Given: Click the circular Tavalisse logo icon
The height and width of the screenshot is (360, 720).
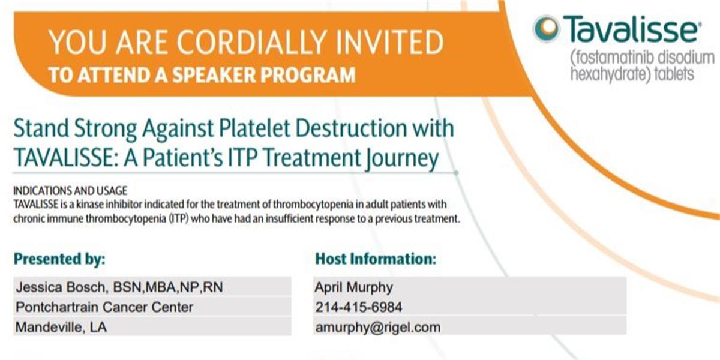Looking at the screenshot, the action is coord(547,28).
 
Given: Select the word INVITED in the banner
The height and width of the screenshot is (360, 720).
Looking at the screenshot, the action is coord(390,42).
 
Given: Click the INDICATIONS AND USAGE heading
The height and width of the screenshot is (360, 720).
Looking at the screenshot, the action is coord(70,191).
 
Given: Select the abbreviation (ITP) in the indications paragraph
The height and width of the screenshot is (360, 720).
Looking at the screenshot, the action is coord(178,219).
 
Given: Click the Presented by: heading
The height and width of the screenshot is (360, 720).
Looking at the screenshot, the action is coord(59,259).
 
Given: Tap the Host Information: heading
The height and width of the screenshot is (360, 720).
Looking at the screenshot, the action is coord(376,259).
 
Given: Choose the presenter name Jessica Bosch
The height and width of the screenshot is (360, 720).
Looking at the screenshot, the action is coord(61,287).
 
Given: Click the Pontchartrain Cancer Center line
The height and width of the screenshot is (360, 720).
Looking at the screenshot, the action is coord(104,307).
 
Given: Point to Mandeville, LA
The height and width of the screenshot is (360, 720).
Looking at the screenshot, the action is coord(61,327).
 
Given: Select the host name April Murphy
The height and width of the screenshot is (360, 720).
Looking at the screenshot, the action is coord(354,287).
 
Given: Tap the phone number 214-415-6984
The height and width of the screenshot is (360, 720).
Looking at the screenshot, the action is coord(359,307).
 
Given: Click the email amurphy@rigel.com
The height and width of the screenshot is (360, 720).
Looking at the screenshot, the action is coord(378,328).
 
